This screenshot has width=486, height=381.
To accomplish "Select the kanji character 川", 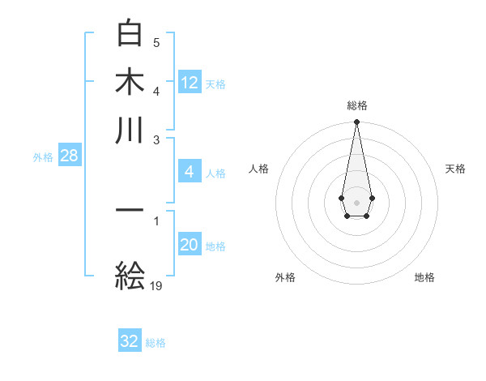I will pos(130,131).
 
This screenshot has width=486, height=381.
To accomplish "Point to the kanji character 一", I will pos(130,210).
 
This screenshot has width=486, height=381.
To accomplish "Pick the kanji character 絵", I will pos(130,276).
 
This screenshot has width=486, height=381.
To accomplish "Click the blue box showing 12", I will pos(190,82).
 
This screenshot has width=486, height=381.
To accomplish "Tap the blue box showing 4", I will pos(190,172).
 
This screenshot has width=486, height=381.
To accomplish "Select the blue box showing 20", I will pos(190,245).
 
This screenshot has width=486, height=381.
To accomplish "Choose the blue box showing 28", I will pos(69,156).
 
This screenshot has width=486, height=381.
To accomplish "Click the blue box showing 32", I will pos(130,341).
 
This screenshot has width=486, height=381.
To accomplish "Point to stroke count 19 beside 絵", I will pos(157,285).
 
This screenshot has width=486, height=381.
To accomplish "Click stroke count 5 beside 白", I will pos(156,42).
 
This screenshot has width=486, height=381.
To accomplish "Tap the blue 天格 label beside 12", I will pos(215,83).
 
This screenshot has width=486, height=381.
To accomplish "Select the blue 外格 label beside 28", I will pos(43,157).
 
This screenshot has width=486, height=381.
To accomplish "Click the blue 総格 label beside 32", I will pos(156,343).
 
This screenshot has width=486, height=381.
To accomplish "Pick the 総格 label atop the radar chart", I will pos(356,105).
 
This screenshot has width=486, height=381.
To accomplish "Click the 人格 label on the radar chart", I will pos(259,169).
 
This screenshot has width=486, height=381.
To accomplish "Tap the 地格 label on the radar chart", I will pos(424,277).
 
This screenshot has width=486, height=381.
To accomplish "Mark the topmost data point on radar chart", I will pos(356,122).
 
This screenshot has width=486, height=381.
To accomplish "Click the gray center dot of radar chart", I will pos(356,201).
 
